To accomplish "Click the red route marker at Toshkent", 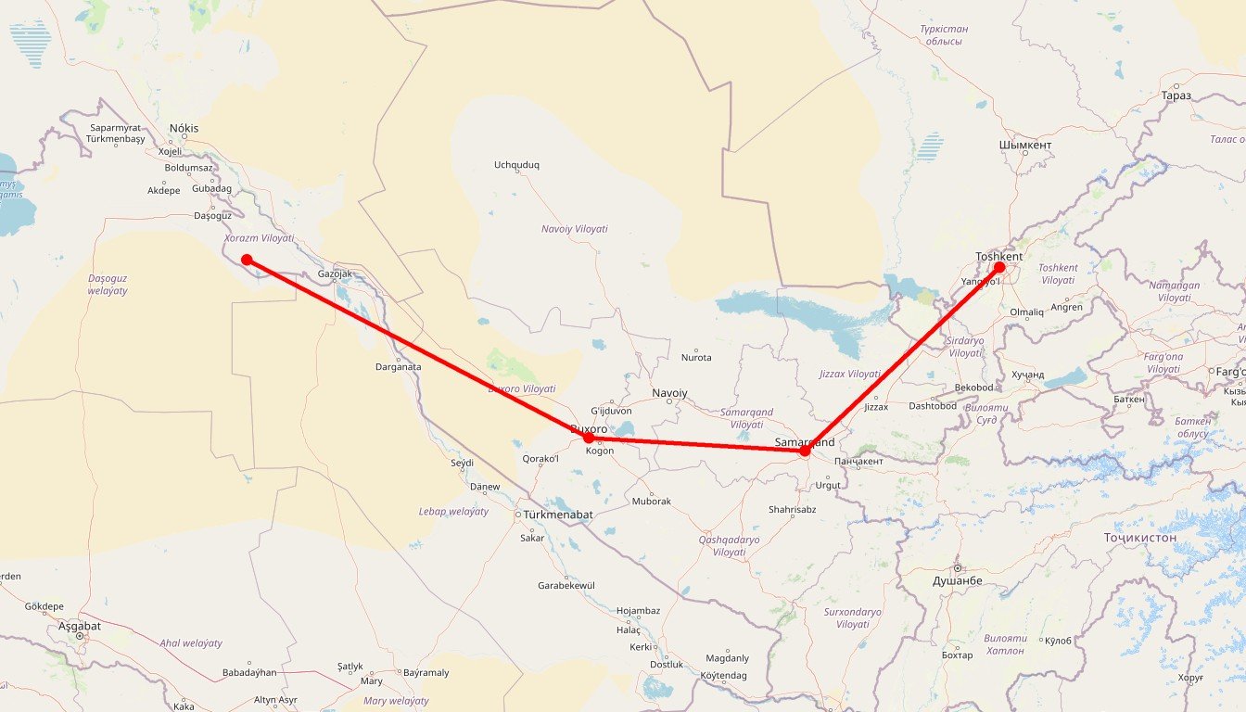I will (999, 268).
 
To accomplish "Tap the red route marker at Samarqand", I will (805, 451).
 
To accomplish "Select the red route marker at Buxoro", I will (588, 438).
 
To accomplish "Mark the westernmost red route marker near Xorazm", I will (247, 260).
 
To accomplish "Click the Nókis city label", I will (184, 129).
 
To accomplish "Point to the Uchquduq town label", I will (516, 165).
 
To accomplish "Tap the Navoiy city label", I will (669, 393).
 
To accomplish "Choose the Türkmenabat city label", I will (558, 515).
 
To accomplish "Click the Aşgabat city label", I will (80, 626).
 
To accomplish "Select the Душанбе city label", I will (958, 580).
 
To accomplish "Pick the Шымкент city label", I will (1025, 146).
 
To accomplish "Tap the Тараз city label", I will (1176, 95).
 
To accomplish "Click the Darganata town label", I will (398, 367).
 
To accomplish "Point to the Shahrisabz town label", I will (792, 509).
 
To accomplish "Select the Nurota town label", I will (696, 358).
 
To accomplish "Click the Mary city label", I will (371, 681).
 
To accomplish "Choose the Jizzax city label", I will (875, 407).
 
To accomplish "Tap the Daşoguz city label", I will (211, 215).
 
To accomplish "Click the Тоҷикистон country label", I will (1140, 538).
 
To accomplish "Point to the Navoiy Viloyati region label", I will (575, 229).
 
